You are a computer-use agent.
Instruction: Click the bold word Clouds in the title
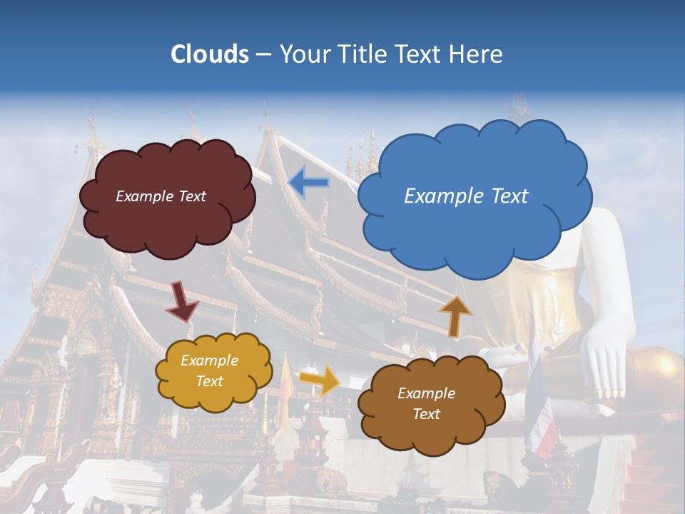click(x=210, y=54)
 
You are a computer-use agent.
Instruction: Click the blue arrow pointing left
click(x=309, y=183)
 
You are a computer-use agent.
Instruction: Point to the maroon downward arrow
click(x=181, y=300)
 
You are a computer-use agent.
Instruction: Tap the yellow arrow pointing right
click(x=320, y=380)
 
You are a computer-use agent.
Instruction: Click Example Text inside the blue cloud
click(x=466, y=196)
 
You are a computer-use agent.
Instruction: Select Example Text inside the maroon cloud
click(x=161, y=196)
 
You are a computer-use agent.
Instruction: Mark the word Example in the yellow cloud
click(x=209, y=361)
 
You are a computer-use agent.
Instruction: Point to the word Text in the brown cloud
click(x=426, y=414)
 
